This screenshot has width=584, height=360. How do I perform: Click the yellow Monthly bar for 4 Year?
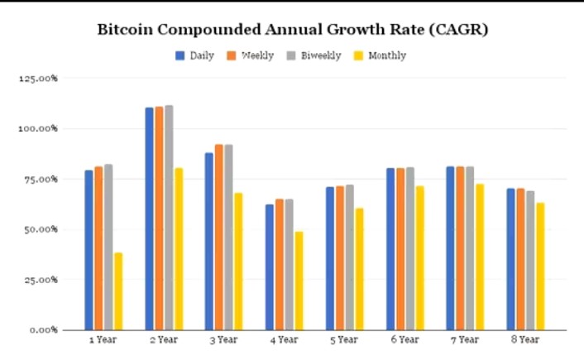pyautogui.click(x=299, y=281)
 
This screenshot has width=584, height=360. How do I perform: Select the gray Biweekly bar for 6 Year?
pyautogui.click(x=410, y=248)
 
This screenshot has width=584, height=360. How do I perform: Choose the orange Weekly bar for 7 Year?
pyautogui.click(x=460, y=248)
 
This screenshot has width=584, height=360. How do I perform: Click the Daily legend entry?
pyautogui.click(x=195, y=55)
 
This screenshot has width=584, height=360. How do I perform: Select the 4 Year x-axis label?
pyautogui.click(x=284, y=339)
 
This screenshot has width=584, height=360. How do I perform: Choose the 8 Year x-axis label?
pyautogui.click(x=525, y=339)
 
